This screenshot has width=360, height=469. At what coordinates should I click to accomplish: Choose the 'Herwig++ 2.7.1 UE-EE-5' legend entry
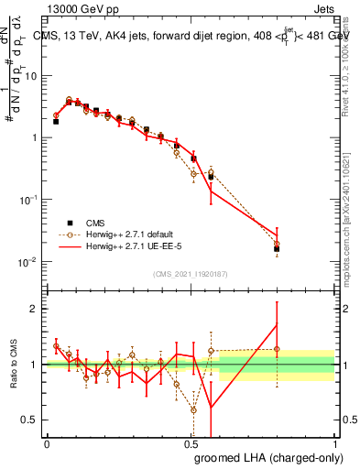[x=129, y=247]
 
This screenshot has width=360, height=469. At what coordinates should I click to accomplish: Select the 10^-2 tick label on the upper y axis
[x=28, y=262]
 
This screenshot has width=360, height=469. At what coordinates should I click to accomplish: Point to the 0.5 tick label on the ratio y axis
[x=30, y=420]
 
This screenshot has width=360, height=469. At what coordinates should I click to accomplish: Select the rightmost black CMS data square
[x=277, y=248]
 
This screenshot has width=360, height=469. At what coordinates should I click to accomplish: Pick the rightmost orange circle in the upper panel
[x=277, y=244]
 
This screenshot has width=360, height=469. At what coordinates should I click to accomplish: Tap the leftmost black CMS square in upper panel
[x=56, y=121]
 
